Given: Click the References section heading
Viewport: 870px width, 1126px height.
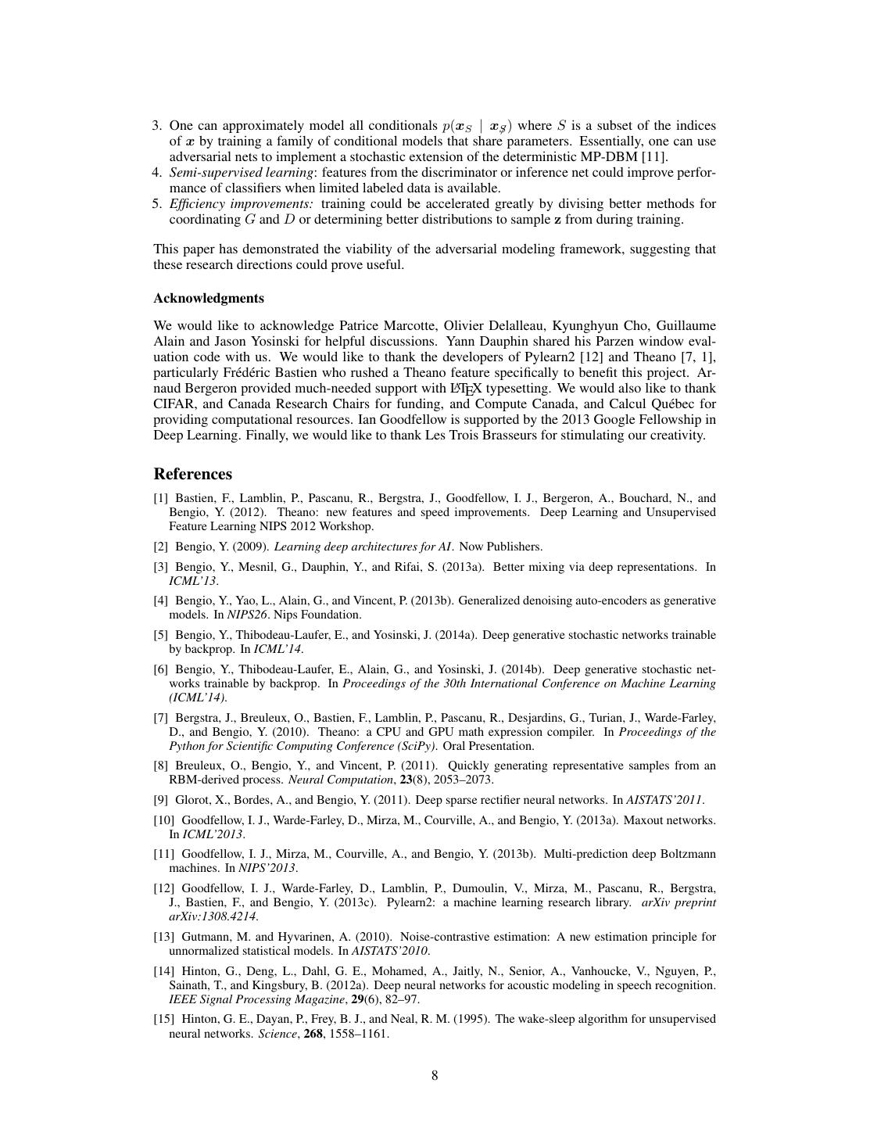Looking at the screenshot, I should [x=192, y=474].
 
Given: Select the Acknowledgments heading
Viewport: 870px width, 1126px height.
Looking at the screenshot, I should [x=209, y=298].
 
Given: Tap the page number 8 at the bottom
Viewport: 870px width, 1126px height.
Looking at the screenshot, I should [x=435, y=1075].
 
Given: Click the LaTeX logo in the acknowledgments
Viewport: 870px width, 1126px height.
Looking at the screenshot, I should [x=461, y=389].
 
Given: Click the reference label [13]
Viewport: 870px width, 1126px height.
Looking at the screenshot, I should [x=163, y=937].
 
